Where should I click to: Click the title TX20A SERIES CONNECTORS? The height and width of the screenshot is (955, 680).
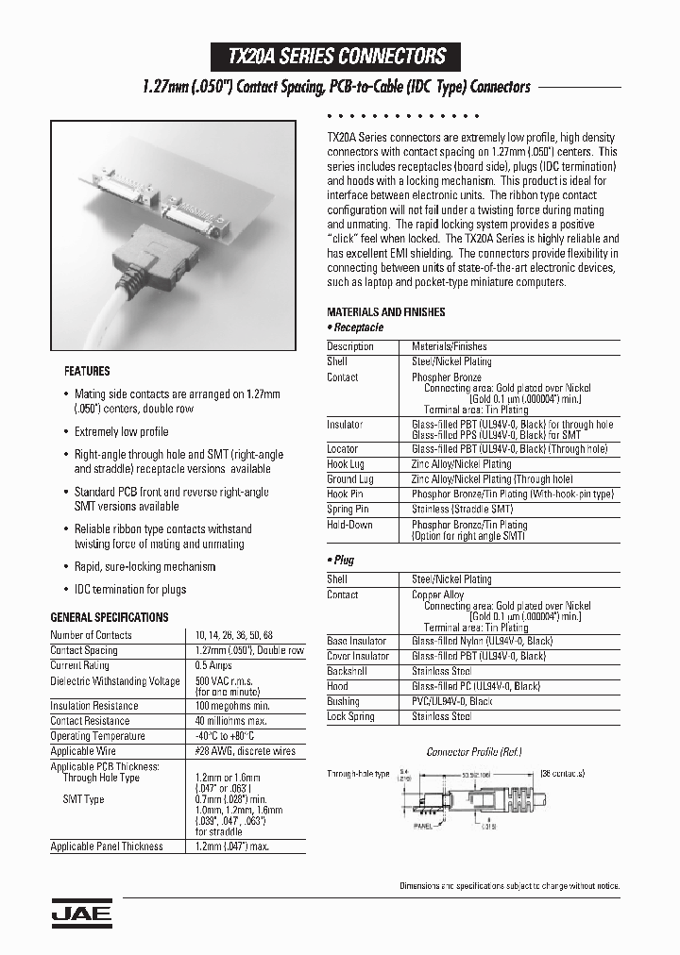[x=338, y=56]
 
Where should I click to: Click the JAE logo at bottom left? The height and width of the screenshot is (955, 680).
[x=80, y=913]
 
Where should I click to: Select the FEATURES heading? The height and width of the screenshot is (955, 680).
[x=86, y=371]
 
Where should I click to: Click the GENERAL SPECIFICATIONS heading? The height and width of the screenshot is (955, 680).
[x=109, y=617]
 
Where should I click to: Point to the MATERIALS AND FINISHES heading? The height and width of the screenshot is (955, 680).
[x=385, y=312]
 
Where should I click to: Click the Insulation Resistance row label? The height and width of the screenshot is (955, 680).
[x=93, y=706]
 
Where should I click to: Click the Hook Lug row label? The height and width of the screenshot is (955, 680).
[x=347, y=464]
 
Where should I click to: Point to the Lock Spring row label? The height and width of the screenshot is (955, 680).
[x=350, y=717]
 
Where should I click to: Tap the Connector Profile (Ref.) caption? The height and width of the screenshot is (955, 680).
[x=474, y=752]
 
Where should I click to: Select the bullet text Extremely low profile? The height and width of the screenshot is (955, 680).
[x=121, y=431]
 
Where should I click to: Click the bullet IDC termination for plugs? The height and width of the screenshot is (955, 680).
[x=130, y=589]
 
